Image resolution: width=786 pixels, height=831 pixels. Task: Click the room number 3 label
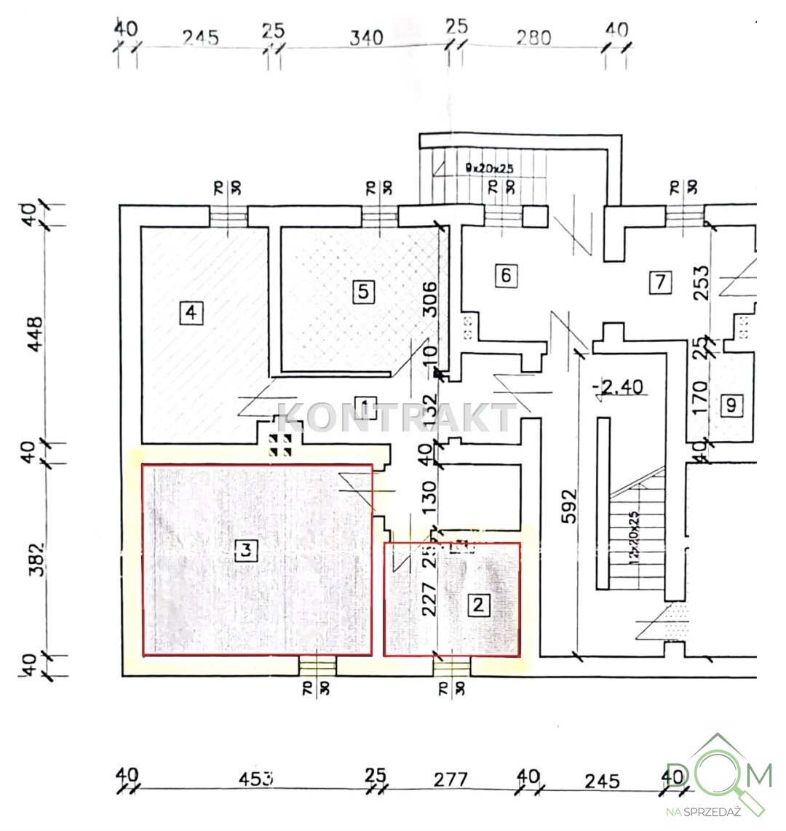click(x=247, y=551)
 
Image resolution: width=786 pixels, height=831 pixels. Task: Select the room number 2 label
click(x=478, y=604)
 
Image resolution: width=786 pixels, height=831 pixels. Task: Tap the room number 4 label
click(x=191, y=313)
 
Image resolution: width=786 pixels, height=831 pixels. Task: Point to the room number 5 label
click(x=363, y=292)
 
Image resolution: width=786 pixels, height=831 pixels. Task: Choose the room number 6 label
click(x=507, y=275)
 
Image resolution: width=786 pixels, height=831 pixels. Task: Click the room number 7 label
click(x=660, y=282)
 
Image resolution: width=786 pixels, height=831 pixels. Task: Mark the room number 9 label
click(x=731, y=405)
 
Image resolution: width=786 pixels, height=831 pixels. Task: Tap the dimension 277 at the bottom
click(x=450, y=779)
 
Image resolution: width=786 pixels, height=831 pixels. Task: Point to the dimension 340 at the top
click(x=366, y=38)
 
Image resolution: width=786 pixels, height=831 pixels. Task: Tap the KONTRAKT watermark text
click(x=397, y=418)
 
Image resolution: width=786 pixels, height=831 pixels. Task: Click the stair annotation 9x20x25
click(x=489, y=168)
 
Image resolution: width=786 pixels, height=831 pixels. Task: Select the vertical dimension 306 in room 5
click(x=430, y=298)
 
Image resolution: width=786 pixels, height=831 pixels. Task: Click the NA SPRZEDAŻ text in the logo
click(x=702, y=811)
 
